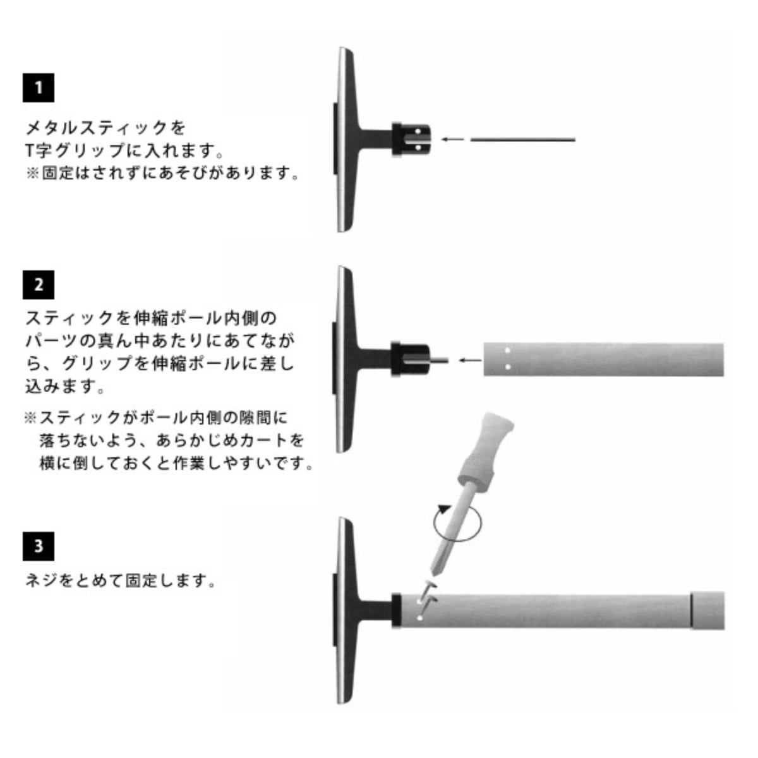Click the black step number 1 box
pos(38,87)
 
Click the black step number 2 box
pos(38,284)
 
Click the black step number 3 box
pos(38,546)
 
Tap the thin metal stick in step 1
pos(523,140)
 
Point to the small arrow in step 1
pos(453,139)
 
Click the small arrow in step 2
pos(470,360)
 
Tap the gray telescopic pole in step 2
pos(603,360)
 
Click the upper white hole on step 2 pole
pos(507,350)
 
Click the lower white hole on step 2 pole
pos(507,367)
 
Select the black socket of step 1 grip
pos(411,140)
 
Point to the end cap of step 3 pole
pos(707,611)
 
